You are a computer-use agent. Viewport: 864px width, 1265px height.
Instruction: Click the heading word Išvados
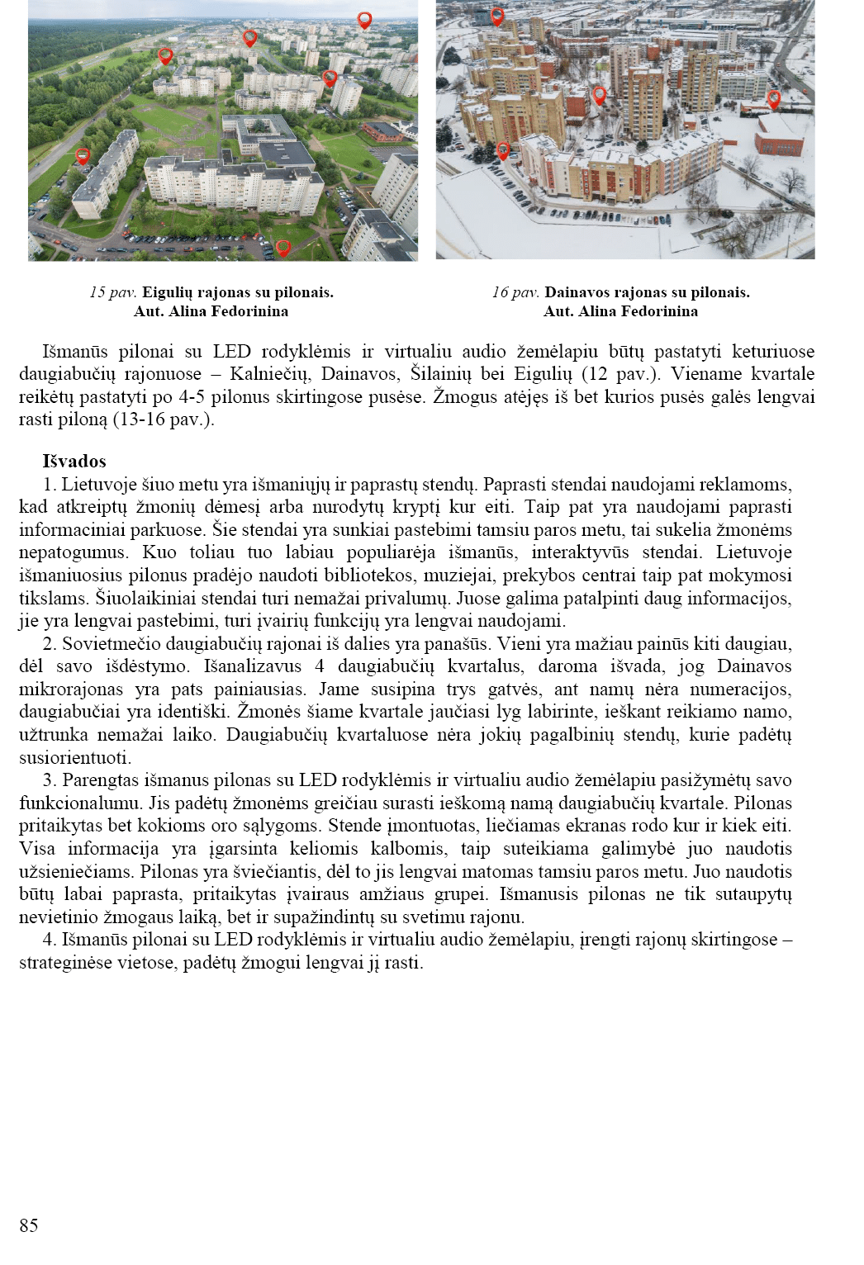click(74, 462)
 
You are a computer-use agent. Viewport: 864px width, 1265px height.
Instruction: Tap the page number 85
click(29, 1225)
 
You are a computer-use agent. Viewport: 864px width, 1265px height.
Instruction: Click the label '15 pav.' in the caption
click(113, 292)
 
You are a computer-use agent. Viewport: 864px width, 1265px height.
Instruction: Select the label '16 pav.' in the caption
click(515, 292)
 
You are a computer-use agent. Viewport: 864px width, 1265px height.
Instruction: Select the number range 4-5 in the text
click(192, 397)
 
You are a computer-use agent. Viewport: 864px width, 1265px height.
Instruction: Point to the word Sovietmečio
click(109, 644)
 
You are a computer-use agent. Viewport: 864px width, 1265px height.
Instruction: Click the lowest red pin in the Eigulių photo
click(283, 248)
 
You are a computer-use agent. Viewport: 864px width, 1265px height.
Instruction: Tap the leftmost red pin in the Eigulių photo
click(83, 155)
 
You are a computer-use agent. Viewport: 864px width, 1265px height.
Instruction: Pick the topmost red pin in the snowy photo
click(497, 16)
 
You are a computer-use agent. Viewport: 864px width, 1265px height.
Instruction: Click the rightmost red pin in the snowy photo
click(774, 99)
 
